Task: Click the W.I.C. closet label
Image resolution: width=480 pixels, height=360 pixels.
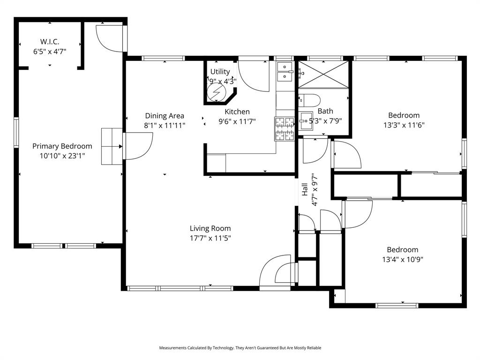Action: [49, 42]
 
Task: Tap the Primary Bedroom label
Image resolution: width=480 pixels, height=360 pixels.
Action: [62, 146]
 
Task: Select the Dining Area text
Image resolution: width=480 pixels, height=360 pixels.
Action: [164, 116]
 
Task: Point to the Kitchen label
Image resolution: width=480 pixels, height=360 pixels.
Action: [237, 112]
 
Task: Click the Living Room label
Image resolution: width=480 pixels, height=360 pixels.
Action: [210, 228]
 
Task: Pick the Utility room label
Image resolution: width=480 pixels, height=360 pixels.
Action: [220, 72]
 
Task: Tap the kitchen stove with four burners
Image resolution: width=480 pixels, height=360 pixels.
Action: [284, 129]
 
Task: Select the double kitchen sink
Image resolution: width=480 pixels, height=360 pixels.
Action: [285, 71]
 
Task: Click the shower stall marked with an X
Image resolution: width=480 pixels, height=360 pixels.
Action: [324, 74]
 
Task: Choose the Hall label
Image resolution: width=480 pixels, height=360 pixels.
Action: [305, 189]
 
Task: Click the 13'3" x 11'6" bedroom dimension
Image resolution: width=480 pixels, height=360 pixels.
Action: [404, 125]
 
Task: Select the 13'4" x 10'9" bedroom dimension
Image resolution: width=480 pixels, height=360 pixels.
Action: [402, 259]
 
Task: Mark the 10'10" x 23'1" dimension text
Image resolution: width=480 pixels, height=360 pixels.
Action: [62, 156]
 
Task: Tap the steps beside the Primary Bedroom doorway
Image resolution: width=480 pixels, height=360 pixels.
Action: [112, 146]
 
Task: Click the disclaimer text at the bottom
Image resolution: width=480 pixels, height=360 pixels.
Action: [240, 348]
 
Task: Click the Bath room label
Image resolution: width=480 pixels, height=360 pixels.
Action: [325, 111]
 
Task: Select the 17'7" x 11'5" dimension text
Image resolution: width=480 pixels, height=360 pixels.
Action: [210, 238]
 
